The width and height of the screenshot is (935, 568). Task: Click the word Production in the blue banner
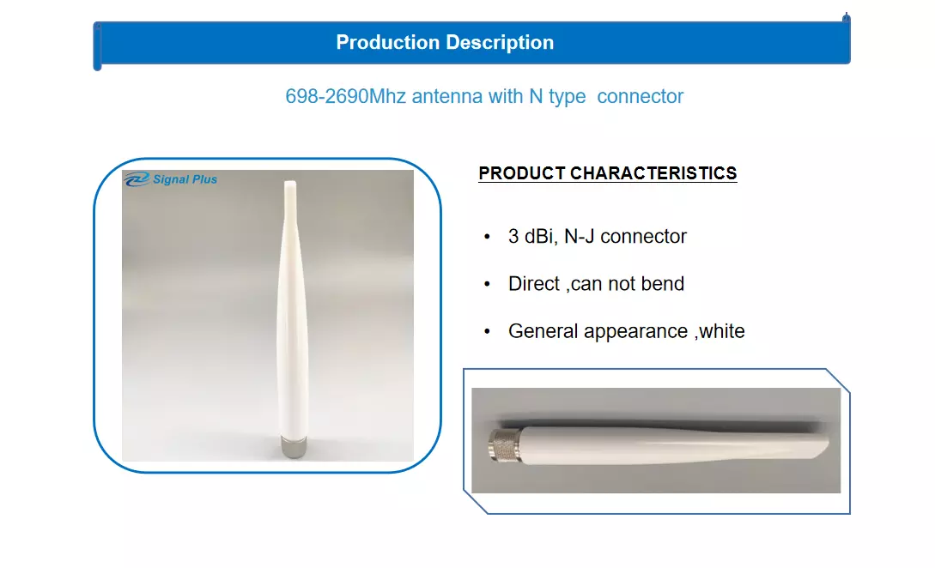[x=387, y=42]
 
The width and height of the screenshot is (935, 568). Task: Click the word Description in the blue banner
[x=500, y=43]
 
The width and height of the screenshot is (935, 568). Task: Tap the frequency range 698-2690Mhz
[x=345, y=96]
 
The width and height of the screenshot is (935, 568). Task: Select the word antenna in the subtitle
[x=447, y=96]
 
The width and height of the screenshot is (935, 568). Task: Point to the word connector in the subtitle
[x=640, y=96]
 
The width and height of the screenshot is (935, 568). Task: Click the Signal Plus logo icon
[x=137, y=178]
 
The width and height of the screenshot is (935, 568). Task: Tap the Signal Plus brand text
[x=185, y=179]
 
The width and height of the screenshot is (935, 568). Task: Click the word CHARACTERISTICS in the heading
[x=653, y=172]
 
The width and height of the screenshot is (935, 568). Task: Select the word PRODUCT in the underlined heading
[x=522, y=172]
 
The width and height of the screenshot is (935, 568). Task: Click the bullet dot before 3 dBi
[x=487, y=237]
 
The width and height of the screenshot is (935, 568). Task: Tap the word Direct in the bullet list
[x=534, y=284]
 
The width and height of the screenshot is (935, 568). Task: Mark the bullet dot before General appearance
[x=487, y=332]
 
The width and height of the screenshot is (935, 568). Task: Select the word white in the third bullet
[x=721, y=331]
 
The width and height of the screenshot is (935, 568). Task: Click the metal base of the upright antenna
[x=293, y=447]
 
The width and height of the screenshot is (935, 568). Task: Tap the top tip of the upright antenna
[x=290, y=183]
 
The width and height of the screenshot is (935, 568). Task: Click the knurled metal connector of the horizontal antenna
[x=505, y=444]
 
